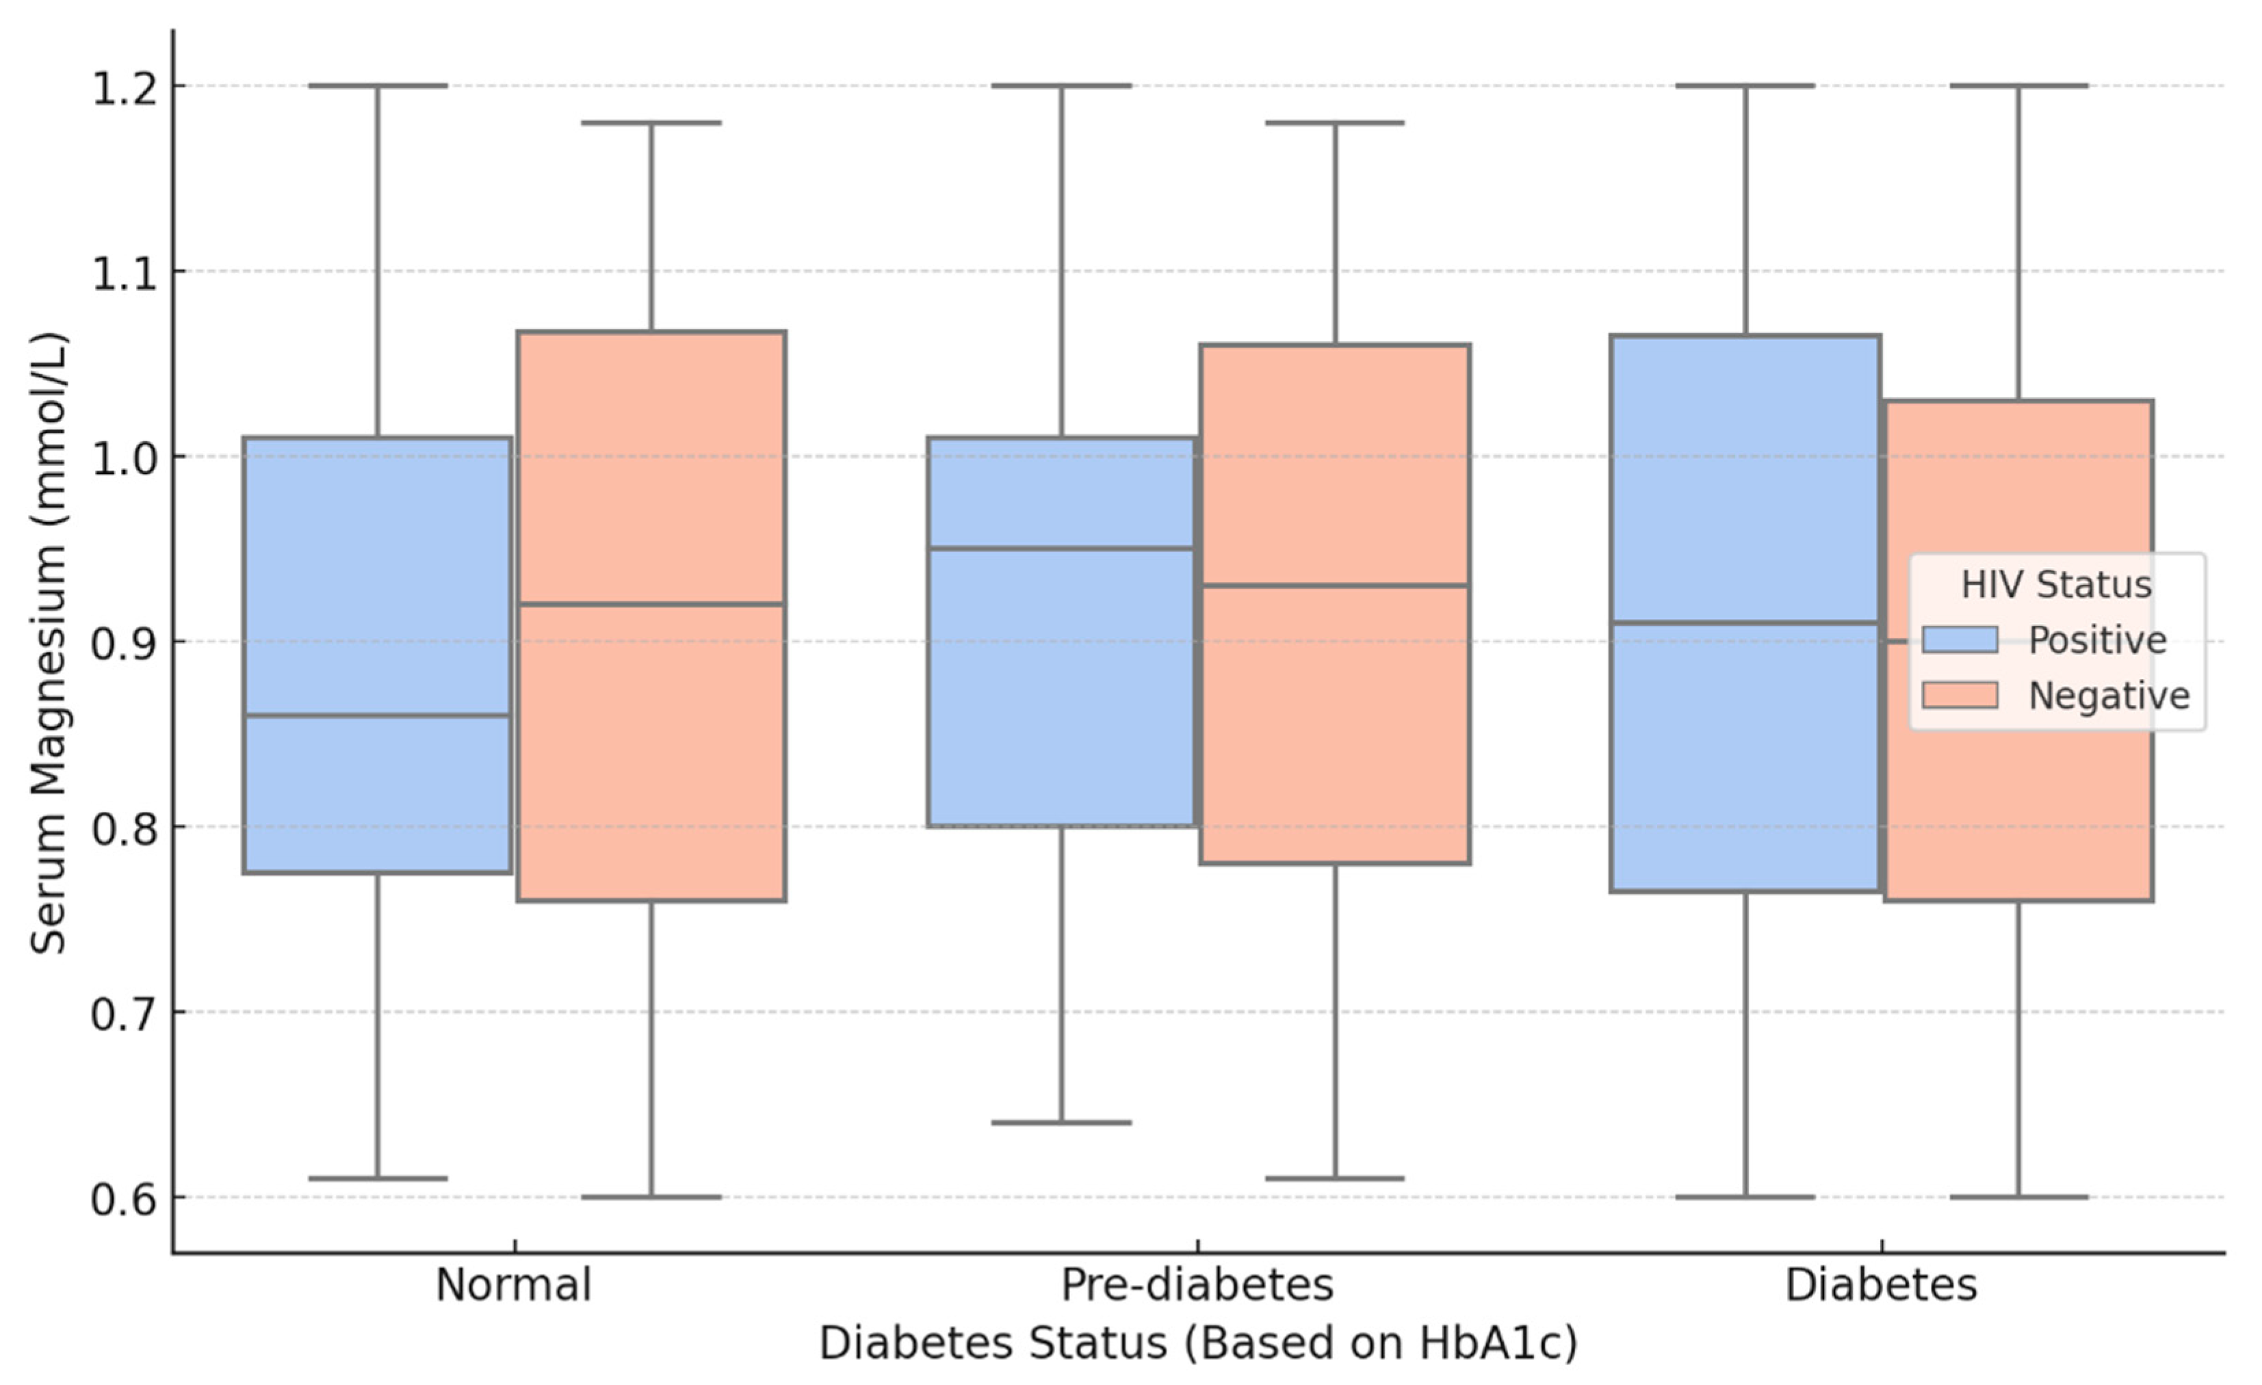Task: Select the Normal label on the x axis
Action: pos(513,1286)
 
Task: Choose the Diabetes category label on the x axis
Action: pos(1881,1286)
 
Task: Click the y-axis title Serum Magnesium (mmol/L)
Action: pos(48,642)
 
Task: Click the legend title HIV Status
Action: pos(2056,585)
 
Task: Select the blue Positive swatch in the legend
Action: pos(1960,639)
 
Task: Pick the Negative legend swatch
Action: pos(1960,696)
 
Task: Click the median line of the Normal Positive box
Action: pos(377,716)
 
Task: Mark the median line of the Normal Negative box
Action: pos(651,604)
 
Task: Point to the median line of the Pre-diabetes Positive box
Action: pos(1061,549)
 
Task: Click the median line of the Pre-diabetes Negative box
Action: pos(1335,585)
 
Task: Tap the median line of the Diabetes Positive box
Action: pos(1744,623)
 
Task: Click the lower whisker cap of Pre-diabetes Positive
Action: pos(1061,1122)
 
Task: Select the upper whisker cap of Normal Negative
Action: pos(651,122)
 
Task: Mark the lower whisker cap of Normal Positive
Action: pos(377,1178)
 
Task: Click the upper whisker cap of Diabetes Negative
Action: pos(2018,85)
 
